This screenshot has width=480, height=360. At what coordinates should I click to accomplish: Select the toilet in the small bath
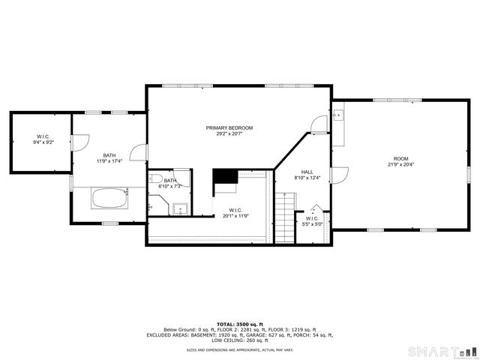[x=156, y=178]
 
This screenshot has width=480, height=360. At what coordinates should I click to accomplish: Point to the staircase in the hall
[x=284, y=217]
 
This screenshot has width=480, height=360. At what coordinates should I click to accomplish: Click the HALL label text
[x=307, y=172]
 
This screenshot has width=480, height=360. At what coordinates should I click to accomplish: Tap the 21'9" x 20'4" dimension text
[x=401, y=165]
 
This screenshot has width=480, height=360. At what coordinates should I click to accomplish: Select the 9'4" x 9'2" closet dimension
[x=40, y=142]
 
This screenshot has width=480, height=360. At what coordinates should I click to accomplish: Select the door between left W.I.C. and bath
[x=81, y=141]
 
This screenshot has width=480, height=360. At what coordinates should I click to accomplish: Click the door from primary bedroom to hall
[x=319, y=124]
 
